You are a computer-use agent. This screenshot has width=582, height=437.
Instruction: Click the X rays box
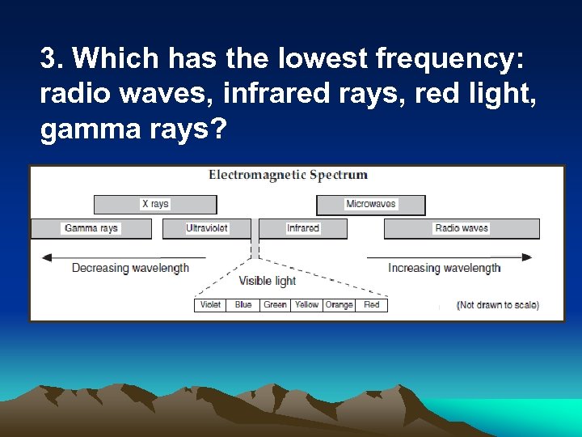(155, 204)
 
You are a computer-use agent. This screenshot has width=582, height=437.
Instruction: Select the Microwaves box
(371, 204)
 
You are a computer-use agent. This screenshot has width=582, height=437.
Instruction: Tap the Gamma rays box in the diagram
(91, 228)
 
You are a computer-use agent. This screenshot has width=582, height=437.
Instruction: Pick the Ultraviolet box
(206, 228)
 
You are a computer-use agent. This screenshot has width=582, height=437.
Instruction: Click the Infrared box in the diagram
(303, 228)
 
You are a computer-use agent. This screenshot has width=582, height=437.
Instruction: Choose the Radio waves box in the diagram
(462, 228)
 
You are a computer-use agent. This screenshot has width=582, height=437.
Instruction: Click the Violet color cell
(210, 305)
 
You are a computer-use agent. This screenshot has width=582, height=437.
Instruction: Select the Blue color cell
(243, 305)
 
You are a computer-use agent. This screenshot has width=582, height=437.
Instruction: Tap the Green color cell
(275, 305)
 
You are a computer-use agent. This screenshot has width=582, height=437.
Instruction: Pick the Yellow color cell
(306, 305)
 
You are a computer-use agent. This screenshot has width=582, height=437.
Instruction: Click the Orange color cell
(339, 305)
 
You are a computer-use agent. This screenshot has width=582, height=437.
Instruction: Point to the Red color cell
(372, 305)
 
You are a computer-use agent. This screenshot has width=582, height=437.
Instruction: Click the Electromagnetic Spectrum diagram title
(288, 175)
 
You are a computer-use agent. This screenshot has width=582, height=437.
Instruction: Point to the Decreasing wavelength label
(130, 268)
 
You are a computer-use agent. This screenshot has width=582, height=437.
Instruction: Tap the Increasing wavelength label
(444, 268)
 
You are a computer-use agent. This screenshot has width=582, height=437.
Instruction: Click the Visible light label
(267, 281)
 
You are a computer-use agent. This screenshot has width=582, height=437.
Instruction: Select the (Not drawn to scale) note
(498, 305)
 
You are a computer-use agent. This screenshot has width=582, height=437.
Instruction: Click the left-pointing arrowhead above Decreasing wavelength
(47, 257)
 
